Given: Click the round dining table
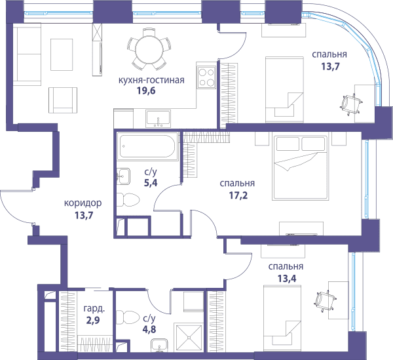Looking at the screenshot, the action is (x=149, y=49).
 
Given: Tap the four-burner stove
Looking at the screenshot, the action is (x=206, y=77).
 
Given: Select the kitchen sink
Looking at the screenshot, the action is (x=158, y=119).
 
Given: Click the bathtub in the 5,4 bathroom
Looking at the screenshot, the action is (x=147, y=146).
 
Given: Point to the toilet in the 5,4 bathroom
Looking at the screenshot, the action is (x=128, y=199).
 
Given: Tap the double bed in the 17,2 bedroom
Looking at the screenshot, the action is (x=300, y=168).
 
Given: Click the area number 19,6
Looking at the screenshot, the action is (x=146, y=90).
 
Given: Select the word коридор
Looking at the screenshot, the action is (x=83, y=203).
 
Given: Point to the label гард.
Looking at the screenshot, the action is (x=94, y=309).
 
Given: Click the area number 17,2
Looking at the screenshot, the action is (x=238, y=195).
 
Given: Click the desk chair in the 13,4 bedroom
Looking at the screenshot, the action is (x=325, y=300).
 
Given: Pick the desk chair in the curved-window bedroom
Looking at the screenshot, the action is (x=352, y=104).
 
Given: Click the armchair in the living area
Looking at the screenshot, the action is (x=63, y=100).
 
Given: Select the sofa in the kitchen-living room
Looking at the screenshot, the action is (x=27, y=54).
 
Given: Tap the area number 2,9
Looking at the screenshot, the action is (x=93, y=321).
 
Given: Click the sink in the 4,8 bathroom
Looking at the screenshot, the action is (x=159, y=345).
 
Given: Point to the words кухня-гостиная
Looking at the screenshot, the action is (x=151, y=80).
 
